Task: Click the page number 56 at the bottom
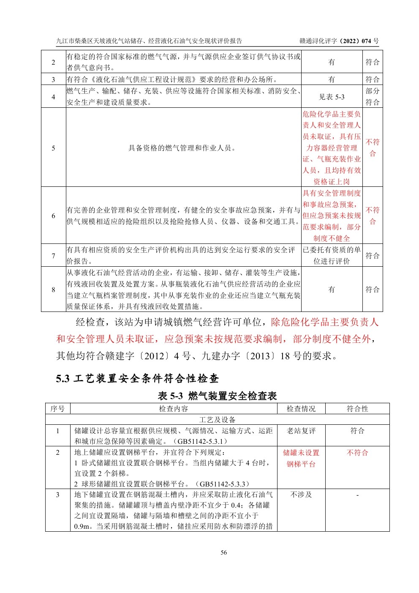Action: point(223,552)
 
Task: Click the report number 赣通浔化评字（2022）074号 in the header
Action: point(339,41)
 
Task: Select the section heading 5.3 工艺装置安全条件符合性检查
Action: point(137,378)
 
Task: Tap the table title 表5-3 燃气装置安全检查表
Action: point(217,396)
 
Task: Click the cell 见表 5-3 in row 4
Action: point(332,97)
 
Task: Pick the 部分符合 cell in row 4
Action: point(372,96)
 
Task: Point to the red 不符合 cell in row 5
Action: point(372,148)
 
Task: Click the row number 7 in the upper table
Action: point(53,255)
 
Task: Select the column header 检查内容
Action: point(174,409)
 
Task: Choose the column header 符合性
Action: point(357,409)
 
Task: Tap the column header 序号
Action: point(58,409)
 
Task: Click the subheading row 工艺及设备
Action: point(217,420)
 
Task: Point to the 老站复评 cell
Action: point(301,431)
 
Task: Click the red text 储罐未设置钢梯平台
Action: point(301,458)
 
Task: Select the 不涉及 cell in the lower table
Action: point(301,495)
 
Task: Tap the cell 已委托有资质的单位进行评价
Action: point(332,255)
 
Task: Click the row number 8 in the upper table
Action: point(53,290)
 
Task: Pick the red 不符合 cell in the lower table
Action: point(357,453)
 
